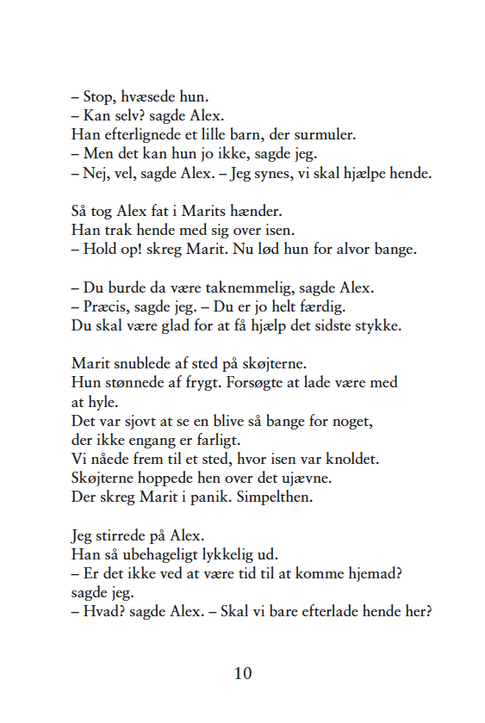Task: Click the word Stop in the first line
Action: pyautogui.click(x=99, y=96)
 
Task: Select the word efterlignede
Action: pyautogui.click(x=136, y=135)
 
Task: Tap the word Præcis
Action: pyautogui.click(x=109, y=306)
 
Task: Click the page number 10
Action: pyautogui.click(x=243, y=674)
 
